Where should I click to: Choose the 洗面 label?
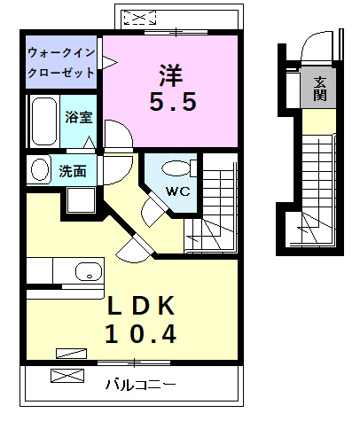(x=72, y=171)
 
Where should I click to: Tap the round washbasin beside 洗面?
(x=39, y=171)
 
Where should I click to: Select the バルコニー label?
(x=139, y=385)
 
